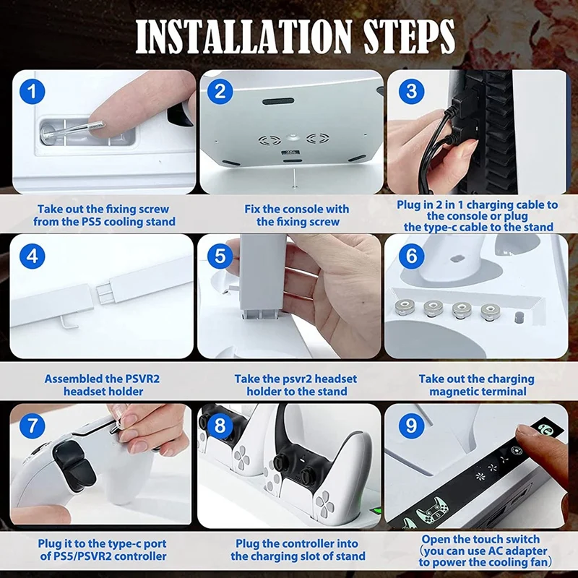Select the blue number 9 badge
411,426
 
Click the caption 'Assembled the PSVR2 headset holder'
94,385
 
